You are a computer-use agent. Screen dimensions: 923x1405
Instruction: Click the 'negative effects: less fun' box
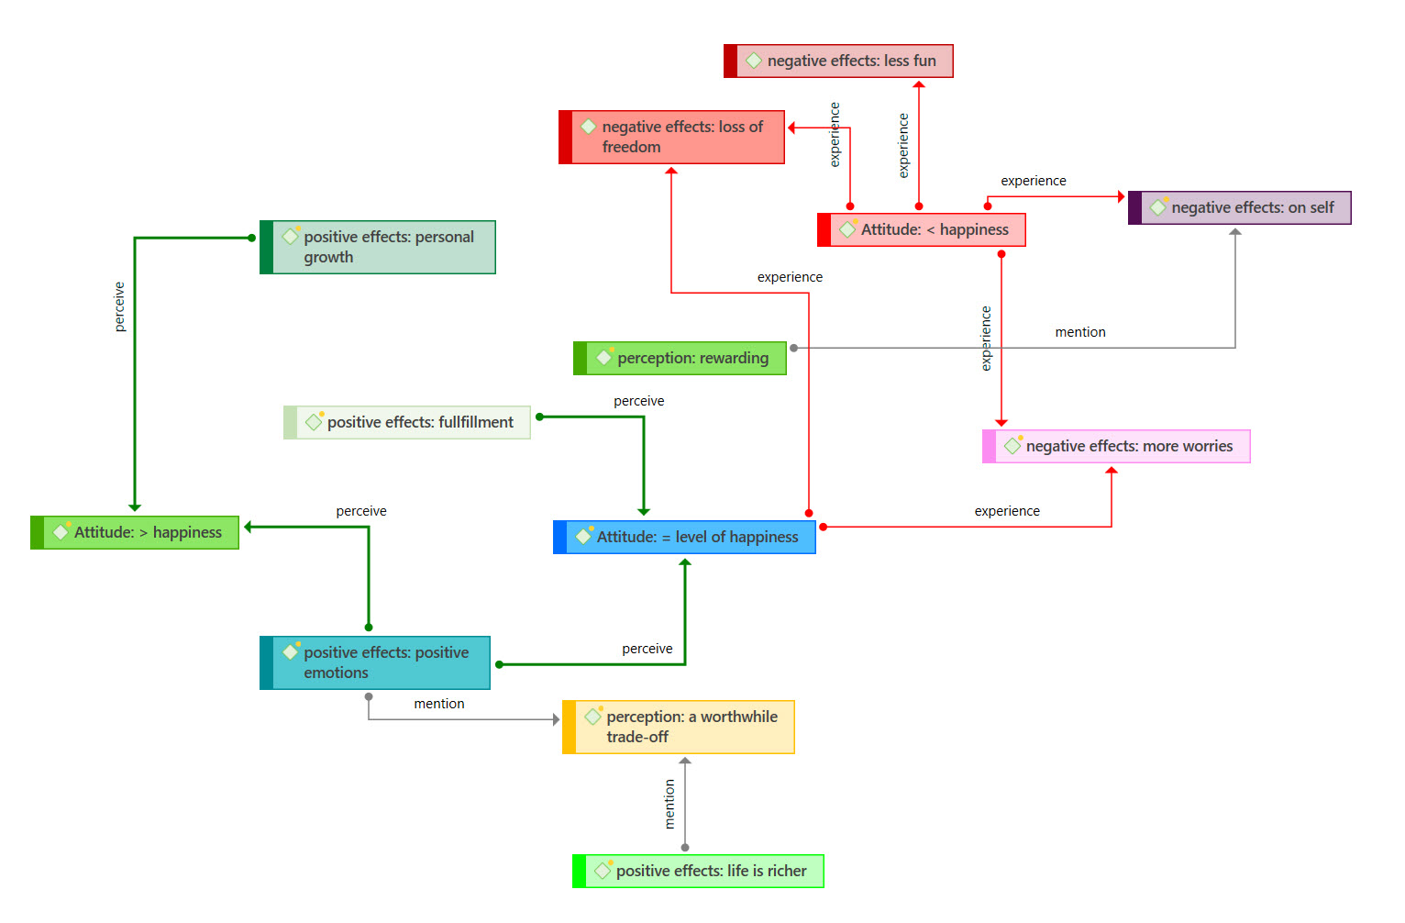[839, 61]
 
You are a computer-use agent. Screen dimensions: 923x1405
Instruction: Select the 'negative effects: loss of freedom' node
[672, 138]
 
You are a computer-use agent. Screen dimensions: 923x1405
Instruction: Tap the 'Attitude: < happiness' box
[922, 230]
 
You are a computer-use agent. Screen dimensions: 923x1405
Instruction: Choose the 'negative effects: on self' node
[1240, 208]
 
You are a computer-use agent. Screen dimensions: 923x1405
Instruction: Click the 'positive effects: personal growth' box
[378, 248]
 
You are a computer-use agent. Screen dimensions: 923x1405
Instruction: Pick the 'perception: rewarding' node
[680, 359]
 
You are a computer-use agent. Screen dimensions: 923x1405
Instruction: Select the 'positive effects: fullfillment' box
[407, 423]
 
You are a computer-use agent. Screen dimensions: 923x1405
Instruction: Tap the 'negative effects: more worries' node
[1116, 447]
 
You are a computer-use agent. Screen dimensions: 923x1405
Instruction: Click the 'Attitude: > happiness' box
[135, 533]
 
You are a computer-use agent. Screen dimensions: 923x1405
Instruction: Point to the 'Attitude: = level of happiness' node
[685, 538]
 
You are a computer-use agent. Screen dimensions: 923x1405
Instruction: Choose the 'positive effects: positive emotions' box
[375, 663]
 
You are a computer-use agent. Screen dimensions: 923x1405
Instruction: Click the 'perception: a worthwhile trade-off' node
[679, 728]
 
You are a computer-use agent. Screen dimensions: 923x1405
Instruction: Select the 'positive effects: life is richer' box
[699, 872]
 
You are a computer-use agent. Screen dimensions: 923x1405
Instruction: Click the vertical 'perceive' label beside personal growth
[119, 306]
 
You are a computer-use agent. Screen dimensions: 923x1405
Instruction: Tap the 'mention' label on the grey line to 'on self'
[1080, 332]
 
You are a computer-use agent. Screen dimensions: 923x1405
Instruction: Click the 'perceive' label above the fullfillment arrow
[639, 401]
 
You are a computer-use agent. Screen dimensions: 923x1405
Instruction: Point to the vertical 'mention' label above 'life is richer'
[669, 804]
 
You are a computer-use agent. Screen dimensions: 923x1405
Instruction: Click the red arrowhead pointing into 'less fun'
[919, 84]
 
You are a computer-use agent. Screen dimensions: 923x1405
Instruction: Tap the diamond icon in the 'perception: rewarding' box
[604, 358]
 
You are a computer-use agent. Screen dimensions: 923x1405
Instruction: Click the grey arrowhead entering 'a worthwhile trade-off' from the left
[556, 720]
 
